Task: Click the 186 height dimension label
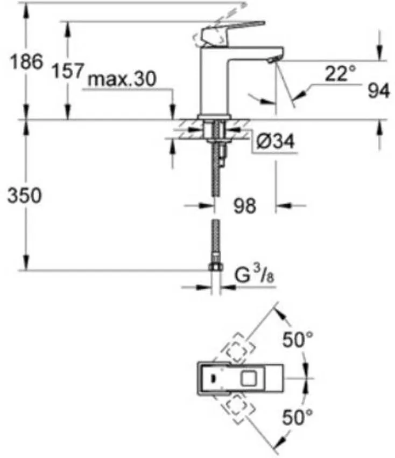point(26,61)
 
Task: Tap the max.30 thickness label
point(122,79)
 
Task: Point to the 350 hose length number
point(24,196)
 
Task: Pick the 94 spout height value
point(379,92)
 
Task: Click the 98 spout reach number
point(245,205)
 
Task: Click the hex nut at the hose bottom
point(215,268)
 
